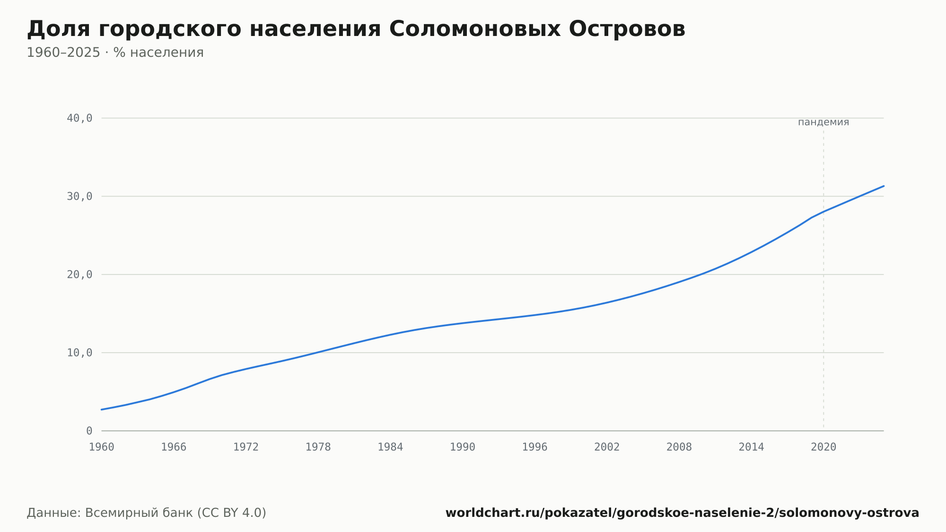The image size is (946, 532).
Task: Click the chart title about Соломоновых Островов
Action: pos(356,29)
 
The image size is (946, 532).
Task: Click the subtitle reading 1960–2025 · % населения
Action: pos(115,53)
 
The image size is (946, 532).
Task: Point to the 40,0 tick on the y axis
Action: pos(79,118)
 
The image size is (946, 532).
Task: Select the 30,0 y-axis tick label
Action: pos(79,196)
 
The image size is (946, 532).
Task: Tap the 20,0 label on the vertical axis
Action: pos(79,275)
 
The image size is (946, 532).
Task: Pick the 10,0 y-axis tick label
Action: pos(79,353)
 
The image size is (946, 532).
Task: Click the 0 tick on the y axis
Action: pos(89,431)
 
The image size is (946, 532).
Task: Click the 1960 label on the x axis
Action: pos(102,447)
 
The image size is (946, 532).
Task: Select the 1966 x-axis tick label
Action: pos(174,447)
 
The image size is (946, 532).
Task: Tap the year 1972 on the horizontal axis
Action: pos(246,447)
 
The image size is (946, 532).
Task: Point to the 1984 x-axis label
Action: pos(390,447)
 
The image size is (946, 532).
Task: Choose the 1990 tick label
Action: pos(463,447)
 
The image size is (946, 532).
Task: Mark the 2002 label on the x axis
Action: pos(607,447)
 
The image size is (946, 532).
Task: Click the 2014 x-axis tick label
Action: pos(752,447)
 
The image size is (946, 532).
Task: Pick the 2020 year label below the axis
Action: pos(823,447)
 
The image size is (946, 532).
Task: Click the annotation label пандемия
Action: pos(823,122)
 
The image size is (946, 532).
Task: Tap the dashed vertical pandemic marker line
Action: pos(823,280)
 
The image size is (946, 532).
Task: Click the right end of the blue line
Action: pos(884,186)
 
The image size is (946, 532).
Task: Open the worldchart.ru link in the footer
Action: pos(682,513)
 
